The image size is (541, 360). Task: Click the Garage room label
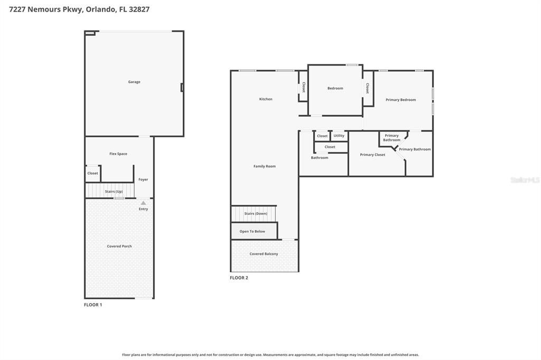(x=134, y=82)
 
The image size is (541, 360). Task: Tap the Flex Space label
(x=118, y=154)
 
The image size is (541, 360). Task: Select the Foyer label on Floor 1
(x=143, y=179)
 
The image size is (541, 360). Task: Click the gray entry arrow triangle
(x=143, y=203)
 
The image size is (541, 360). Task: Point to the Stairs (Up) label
(x=114, y=192)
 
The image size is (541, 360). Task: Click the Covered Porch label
(x=119, y=246)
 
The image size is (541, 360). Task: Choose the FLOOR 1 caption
(x=93, y=305)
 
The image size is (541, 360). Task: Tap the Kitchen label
(x=266, y=99)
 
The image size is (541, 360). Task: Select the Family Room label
(x=265, y=166)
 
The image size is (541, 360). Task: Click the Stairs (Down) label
(x=256, y=214)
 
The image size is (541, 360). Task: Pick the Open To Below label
(x=252, y=231)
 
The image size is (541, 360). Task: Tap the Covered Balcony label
(x=264, y=254)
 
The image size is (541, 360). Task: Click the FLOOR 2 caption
(x=239, y=278)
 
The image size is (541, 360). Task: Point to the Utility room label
(x=339, y=136)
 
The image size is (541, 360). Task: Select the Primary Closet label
(x=372, y=155)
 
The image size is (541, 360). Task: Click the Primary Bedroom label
(x=401, y=100)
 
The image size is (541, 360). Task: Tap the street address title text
(x=79, y=10)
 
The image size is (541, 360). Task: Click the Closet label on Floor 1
(x=92, y=174)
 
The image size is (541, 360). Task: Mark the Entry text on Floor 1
(x=143, y=209)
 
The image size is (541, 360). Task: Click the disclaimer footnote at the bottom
(x=270, y=355)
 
